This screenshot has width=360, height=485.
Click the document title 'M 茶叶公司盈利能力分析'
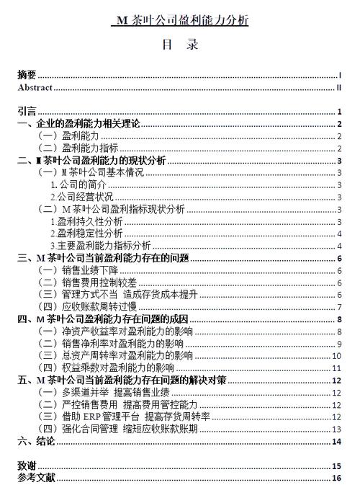[x=180, y=21]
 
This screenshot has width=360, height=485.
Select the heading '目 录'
[x=180, y=45]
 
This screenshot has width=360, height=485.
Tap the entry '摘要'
[x=27, y=75]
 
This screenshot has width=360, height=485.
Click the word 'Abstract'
[x=35, y=87]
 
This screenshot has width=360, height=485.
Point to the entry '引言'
[x=27, y=112]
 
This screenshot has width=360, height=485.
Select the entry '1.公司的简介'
[x=76, y=185]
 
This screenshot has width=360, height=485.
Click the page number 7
[x=338, y=307]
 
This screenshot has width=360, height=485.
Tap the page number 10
[x=336, y=356]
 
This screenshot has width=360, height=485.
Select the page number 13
[x=336, y=429]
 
